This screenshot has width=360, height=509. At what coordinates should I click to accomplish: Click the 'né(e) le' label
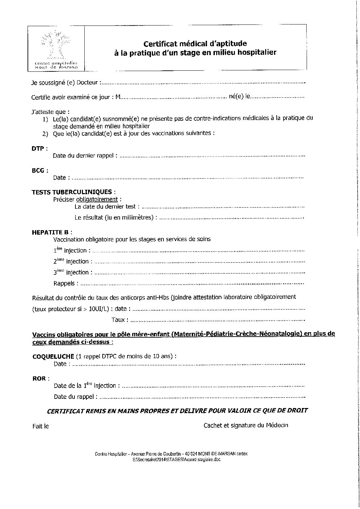point(240,97)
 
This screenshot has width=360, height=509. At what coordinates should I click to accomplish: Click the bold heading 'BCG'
point(38,170)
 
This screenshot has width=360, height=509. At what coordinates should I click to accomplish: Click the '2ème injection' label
point(71,261)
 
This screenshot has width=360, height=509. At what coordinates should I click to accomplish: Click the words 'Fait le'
point(41,426)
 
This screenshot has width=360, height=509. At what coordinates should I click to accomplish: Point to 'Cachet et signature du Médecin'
point(245,425)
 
